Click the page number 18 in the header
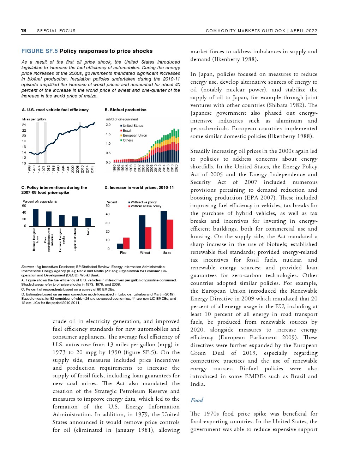[24, 30]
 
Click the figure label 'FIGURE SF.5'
[40, 51]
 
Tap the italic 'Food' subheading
[197, 400]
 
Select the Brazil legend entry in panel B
[127, 131]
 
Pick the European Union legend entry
[134, 136]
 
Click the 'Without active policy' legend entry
[146, 206]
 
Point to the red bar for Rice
[126, 243]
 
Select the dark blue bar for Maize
[164, 230]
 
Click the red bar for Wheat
[148, 238]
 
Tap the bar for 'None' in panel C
[88, 222]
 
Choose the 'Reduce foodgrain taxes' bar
[36, 217]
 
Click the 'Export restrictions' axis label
[75, 240]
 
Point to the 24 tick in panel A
[24, 125]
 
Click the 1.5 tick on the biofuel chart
[108, 134]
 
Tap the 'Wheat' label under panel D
[145, 253]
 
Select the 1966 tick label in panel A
[29, 169]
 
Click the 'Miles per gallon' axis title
[34, 119]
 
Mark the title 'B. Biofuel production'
[126, 110]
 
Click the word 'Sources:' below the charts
[28, 267]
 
